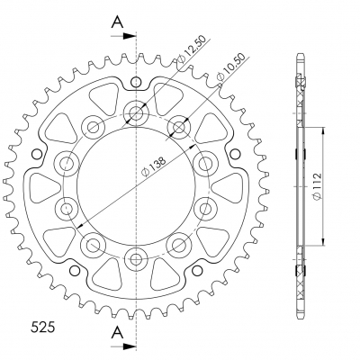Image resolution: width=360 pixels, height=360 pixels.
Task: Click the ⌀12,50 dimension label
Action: [192, 50]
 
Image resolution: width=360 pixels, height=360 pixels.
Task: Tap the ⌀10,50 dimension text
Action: [230, 67]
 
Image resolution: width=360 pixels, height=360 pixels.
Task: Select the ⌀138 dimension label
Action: [154, 166]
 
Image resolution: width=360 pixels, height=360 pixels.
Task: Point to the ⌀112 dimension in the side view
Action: [317, 186]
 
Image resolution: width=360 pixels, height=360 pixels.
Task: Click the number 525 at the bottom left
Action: [43, 328]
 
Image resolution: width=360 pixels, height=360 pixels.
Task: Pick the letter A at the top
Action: [117, 22]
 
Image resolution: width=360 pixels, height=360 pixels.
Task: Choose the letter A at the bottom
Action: [117, 332]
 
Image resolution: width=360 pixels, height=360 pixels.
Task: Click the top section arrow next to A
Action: [123, 36]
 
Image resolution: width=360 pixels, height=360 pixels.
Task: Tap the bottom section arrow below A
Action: [123, 347]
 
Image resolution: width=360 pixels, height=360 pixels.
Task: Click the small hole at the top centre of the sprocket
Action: [136, 82]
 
